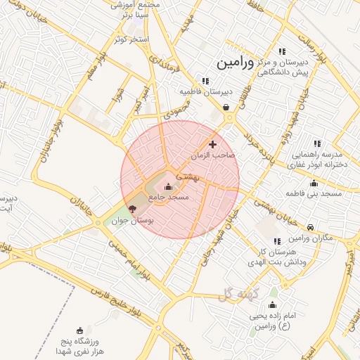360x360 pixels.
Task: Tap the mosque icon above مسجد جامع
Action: [167, 186]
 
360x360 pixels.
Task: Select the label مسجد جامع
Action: [168, 198]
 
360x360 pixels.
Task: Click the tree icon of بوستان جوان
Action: [132, 208]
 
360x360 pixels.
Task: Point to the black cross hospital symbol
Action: [213, 143]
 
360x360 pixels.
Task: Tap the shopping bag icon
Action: [225, 108]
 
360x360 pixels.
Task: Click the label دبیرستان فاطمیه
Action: [205, 91]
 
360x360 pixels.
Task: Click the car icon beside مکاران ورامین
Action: [311, 226]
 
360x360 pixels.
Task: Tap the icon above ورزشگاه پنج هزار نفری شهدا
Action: [79, 330]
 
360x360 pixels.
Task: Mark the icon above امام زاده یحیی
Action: [273, 304]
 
